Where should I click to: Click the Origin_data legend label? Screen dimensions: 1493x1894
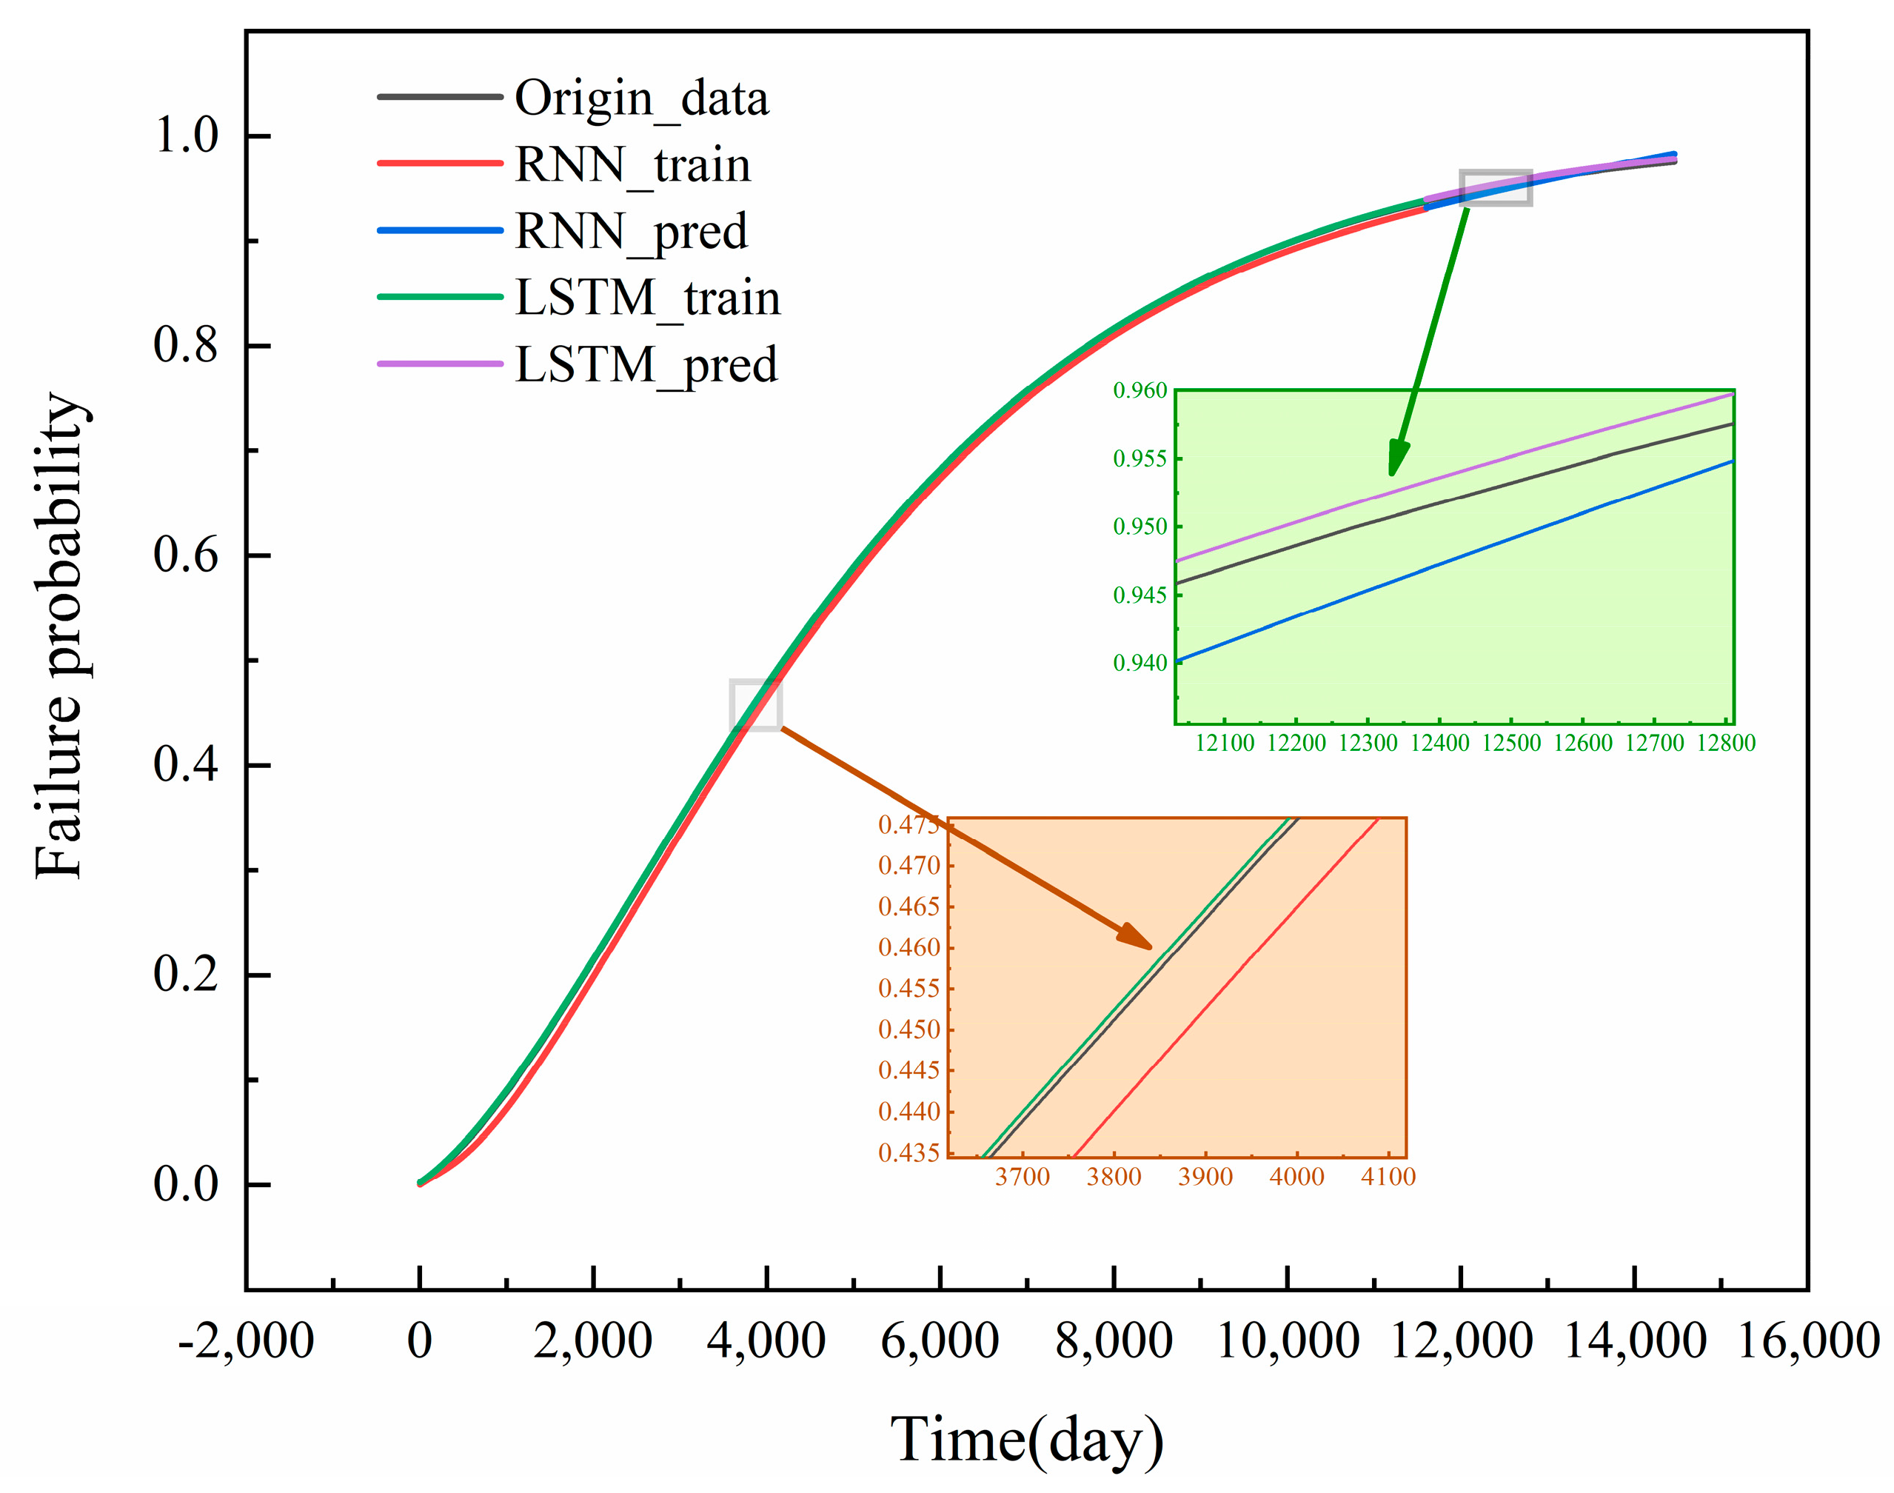pyautogui.click(x=640, y=98)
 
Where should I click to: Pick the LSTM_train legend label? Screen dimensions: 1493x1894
pyautogui.click(x=647, y=297)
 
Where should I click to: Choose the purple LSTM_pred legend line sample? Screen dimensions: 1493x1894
pyautogui.click(x=440, y=364)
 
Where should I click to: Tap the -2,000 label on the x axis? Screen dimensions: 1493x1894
pyautogui.click(x=246, y=1340)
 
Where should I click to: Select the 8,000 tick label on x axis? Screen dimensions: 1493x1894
pyautogui.click(x=1113, y=1340)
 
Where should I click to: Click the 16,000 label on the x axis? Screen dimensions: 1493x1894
pyautogui.click(x=1807, y=1340)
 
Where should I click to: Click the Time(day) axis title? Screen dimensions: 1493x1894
pyautogui.click(x=1026, y=1439)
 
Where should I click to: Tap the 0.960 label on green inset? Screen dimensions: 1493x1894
pyautogui.click(x=1140, y=391)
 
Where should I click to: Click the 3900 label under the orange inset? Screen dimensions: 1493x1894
pyautogui.click(x=1205, y=1177)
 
